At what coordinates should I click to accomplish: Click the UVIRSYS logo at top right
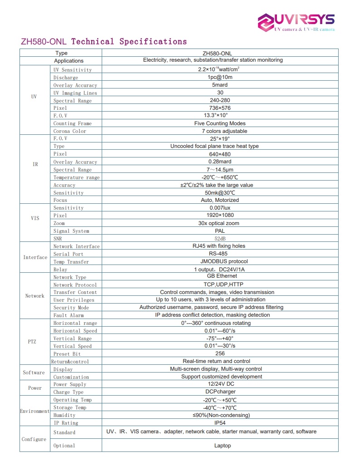[296, 22]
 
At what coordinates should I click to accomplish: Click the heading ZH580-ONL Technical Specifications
[104, 42]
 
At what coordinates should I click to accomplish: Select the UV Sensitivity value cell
[220, 69]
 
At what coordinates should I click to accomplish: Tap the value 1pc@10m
[220, 77]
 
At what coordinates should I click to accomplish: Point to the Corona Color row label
[69, 131]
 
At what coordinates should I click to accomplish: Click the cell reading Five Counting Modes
[220, 123]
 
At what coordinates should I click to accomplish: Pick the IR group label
[35, 164]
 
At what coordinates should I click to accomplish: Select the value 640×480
[220, 154]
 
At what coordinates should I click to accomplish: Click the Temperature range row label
[76, 177]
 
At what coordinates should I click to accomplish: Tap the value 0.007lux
[220, 208]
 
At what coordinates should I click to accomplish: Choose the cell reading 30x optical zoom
[220, 223]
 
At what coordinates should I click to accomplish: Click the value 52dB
[220, 238]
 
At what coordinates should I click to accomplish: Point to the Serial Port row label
[68, 254]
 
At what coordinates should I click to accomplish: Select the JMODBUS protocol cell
[220, 261]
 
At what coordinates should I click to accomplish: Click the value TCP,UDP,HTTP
[220, 285]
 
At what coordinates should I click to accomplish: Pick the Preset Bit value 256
[220, 353]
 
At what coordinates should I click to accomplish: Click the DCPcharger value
[220, 392]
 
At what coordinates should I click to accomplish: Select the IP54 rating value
[220, 423]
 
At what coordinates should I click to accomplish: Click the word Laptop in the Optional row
[222, 446]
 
